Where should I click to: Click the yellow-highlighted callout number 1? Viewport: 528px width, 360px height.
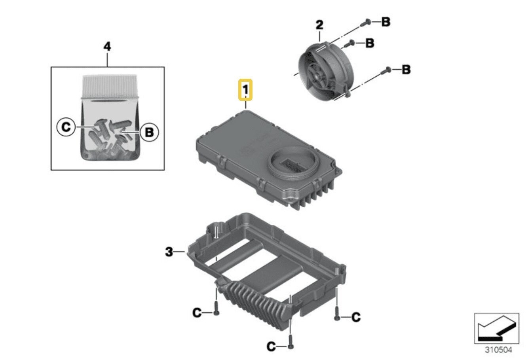click(x=245, y=90)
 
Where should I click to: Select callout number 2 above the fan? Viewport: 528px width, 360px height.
click(x=319, y=25)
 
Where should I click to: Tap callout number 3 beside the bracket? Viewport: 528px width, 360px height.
click(x=169, y=252)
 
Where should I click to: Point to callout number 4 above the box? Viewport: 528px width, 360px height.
click(x=107, y=47)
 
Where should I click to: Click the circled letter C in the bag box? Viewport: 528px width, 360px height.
click(x=66, y=127)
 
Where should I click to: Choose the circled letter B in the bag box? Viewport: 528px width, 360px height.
click(x=149, y=131)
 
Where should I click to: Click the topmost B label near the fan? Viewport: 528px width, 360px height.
click(x=386, y=22)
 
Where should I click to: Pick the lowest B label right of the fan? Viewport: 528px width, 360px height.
click(x=406, y=70)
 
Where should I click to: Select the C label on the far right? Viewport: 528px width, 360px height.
click(x=356, y=316)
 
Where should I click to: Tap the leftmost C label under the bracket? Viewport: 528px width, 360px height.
click(x=197, y=313)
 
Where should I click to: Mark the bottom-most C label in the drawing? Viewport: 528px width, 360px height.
click(x=271, y=347)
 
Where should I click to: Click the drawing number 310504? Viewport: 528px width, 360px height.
click(x=498, y=350)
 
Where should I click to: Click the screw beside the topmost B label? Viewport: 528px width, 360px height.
click(x=367, y=22)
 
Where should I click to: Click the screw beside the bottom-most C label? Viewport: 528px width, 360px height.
click(x=291, y=345)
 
